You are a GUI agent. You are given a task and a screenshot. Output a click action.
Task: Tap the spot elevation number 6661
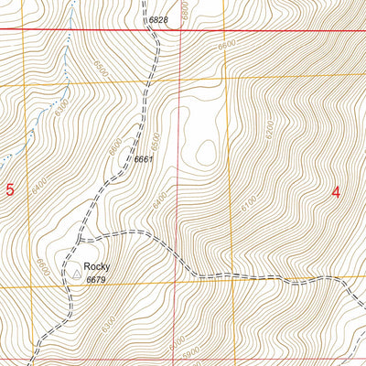coord(142,159)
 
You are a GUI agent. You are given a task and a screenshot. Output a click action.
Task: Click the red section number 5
coord(11,190)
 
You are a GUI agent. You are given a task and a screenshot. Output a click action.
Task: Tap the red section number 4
coord(336,192)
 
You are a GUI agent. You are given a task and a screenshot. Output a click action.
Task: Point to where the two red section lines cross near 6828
coord(180,29)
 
